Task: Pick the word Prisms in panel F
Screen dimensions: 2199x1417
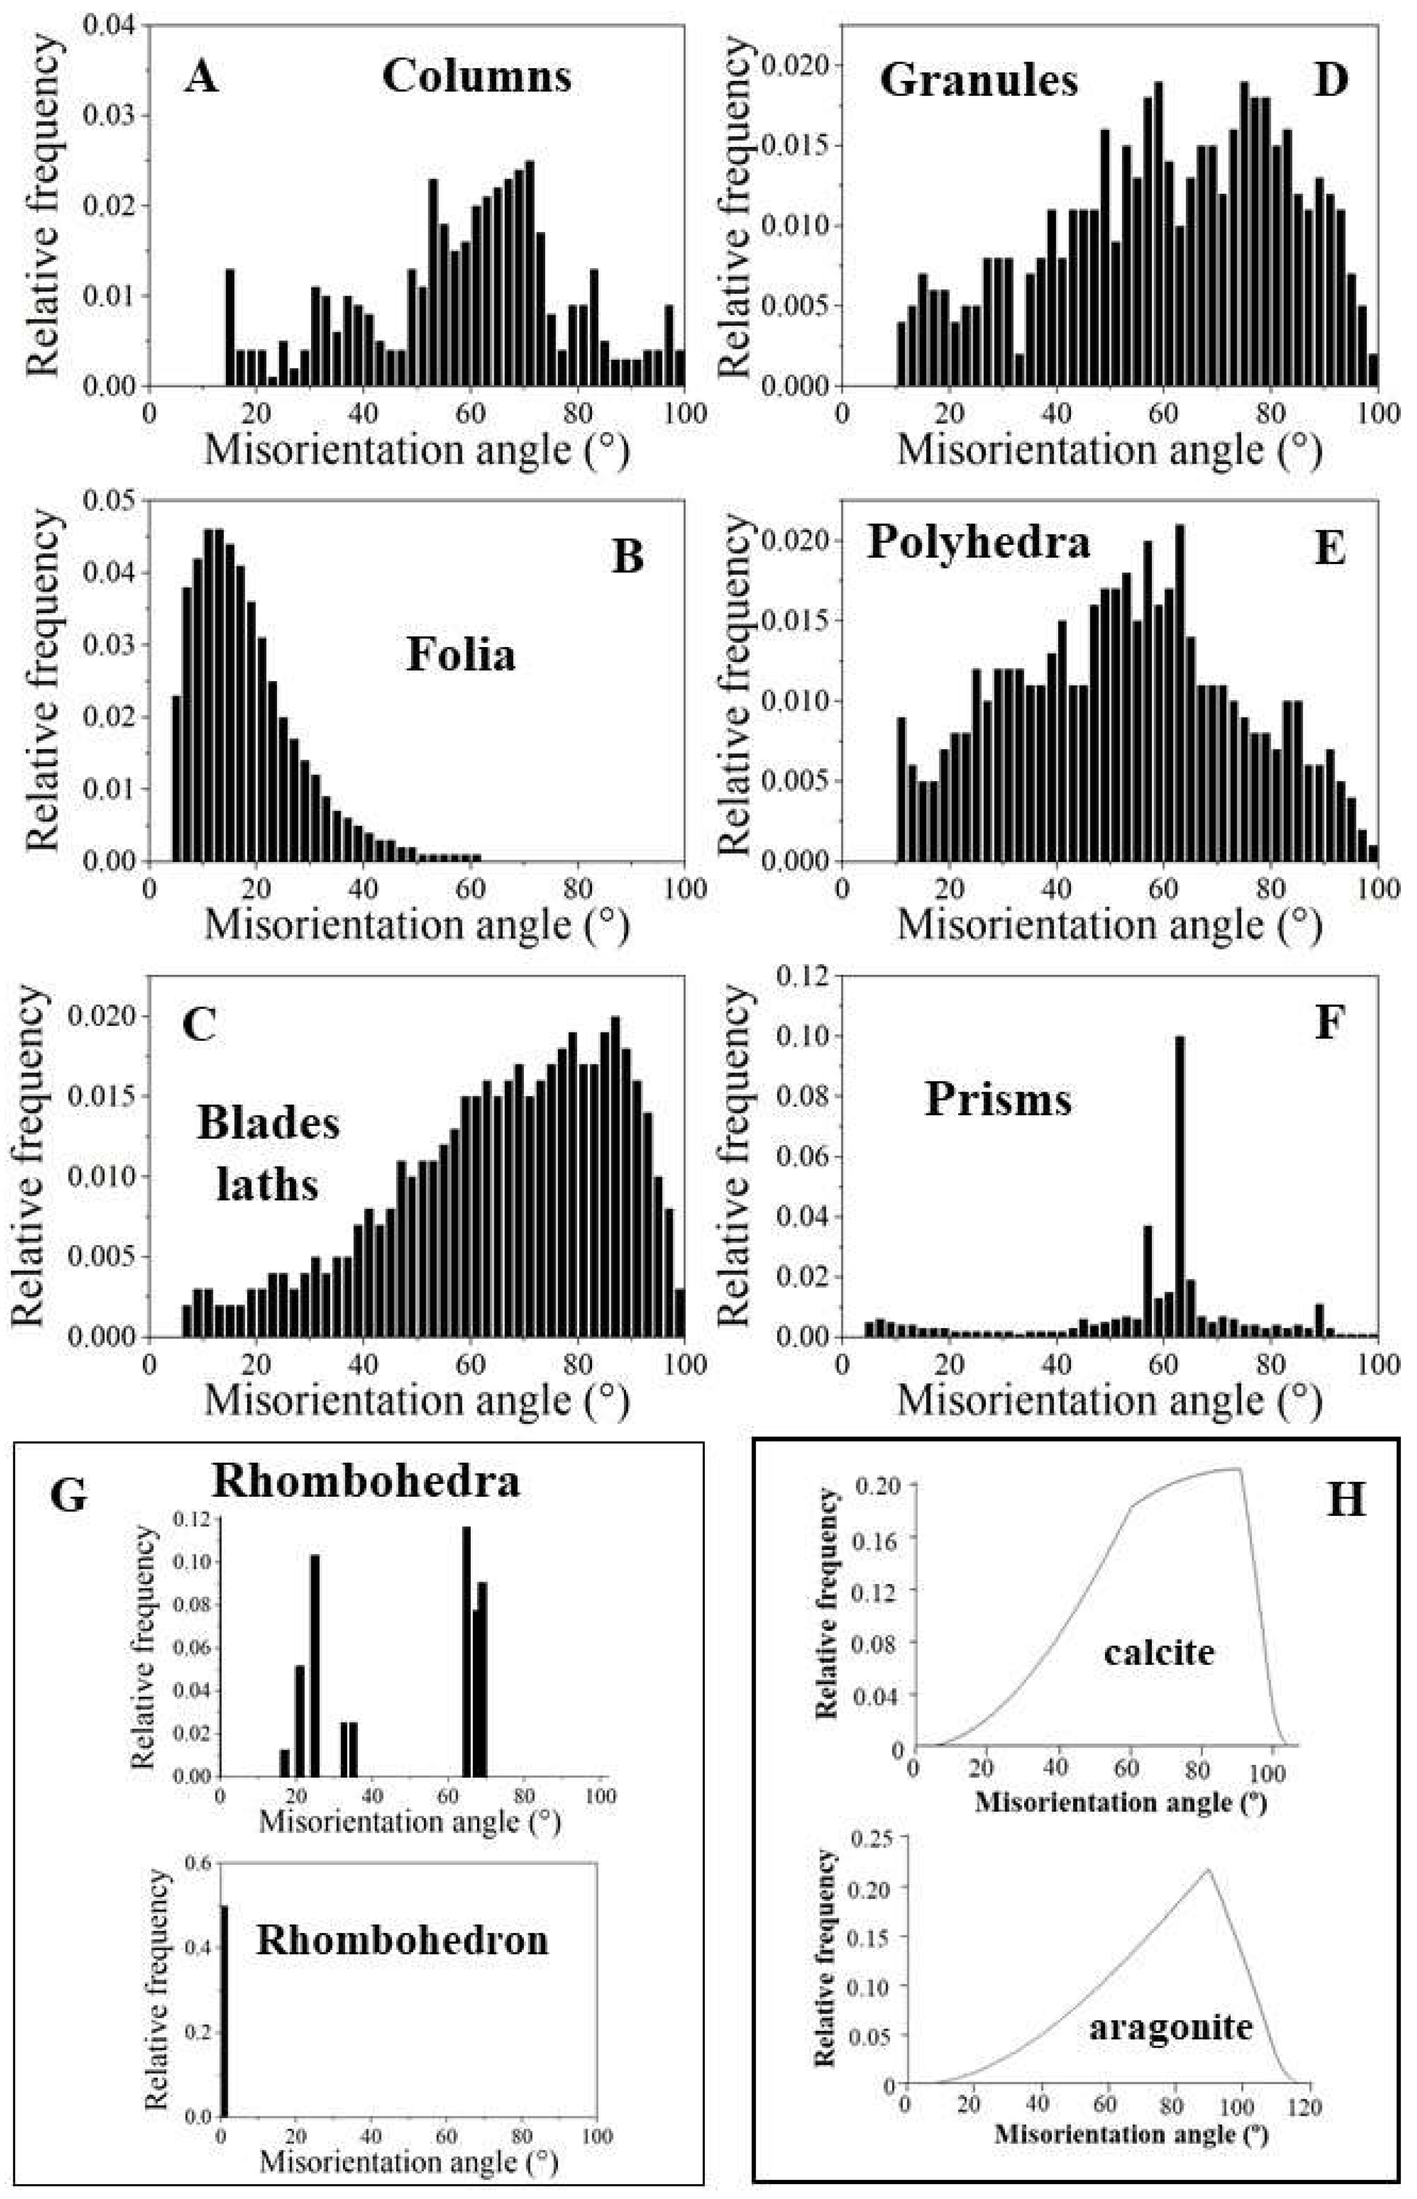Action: (999, 1099)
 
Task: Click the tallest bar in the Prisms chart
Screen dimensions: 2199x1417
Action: (1179, 1187)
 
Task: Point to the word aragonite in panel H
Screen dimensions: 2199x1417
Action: (1171, 2026)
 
